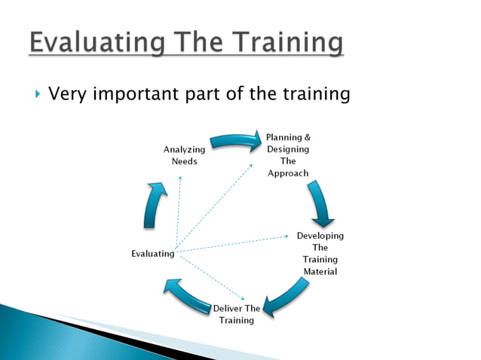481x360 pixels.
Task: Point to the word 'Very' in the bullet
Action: coord(67,94)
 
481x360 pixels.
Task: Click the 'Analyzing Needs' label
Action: coord(184,156)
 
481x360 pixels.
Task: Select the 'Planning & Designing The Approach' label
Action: coord(288,155)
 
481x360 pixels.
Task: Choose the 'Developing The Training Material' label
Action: coord(320,253)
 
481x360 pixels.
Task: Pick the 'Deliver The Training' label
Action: coord(236,314)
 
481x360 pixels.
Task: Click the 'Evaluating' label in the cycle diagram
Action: coord(152,254)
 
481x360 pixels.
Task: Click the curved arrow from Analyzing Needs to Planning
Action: coord(234,141)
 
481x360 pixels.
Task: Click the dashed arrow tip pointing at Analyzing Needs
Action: coord(180,176)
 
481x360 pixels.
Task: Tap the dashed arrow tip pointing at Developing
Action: coord(286,236)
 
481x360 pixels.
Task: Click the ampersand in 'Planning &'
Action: coord(306,137)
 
